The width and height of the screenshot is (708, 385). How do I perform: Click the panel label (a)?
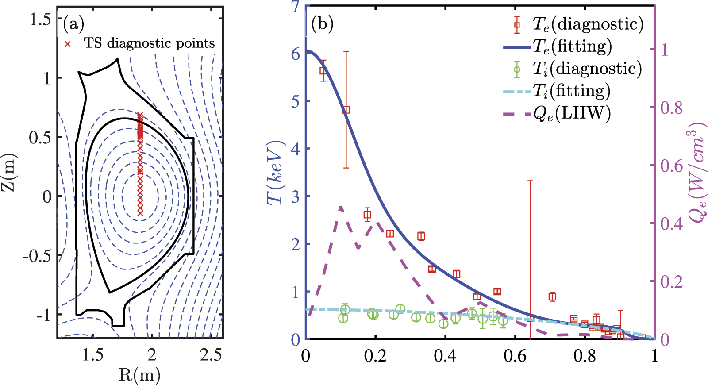coord(73,24)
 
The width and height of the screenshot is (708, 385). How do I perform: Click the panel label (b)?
coord(322,24)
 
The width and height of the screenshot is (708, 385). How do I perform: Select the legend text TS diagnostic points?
coord(149,43)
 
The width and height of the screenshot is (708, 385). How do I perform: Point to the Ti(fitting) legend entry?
coord(571,91)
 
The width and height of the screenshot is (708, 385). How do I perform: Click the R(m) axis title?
coord(140,375)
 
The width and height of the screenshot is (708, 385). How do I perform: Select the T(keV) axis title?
coord(275,173)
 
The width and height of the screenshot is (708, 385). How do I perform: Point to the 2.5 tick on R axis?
coord(211,354)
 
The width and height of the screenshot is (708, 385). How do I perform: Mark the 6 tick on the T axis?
coord(295,54)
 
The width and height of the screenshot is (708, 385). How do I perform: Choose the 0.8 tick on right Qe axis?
coord(671,108)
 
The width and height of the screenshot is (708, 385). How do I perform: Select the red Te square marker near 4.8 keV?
coord(346,110)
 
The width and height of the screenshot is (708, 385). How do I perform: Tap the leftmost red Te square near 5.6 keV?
coord(323,71)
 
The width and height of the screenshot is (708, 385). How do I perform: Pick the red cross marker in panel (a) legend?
coord(68,44)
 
